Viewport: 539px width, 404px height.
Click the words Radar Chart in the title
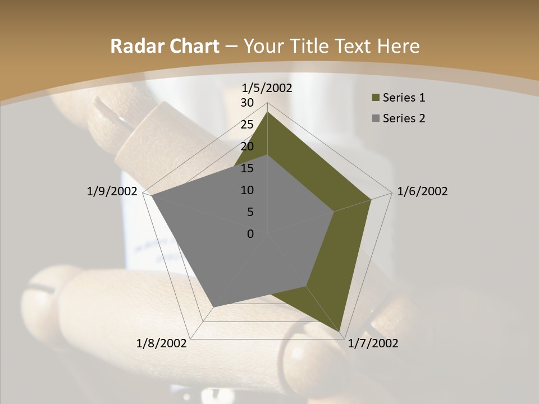point(165,47)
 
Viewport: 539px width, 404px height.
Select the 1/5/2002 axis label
point(267,88)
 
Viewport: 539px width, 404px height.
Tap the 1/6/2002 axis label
point(422,191)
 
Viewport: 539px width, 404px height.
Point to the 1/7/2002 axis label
point(373,343)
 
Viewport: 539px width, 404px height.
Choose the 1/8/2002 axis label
point(162,343)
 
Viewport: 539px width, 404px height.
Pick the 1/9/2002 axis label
point(112,191)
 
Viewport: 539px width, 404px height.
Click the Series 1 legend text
point(404,98)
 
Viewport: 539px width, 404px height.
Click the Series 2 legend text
point(404,118)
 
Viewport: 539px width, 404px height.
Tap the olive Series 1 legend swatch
point(375,98)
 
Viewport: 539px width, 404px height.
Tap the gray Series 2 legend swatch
point(375,118)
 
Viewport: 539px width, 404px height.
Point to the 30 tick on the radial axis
point(247,103)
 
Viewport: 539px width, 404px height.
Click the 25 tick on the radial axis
point(247,125)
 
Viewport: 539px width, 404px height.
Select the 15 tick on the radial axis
point(247,168)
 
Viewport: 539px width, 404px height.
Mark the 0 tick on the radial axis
point(250,234)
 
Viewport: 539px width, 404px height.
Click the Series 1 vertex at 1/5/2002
point(267,112)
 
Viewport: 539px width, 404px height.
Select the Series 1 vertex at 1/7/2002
point(341,331)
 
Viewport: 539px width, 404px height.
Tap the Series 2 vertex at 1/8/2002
point(212,306)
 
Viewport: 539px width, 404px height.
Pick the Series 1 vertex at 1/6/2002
point(371,199)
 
